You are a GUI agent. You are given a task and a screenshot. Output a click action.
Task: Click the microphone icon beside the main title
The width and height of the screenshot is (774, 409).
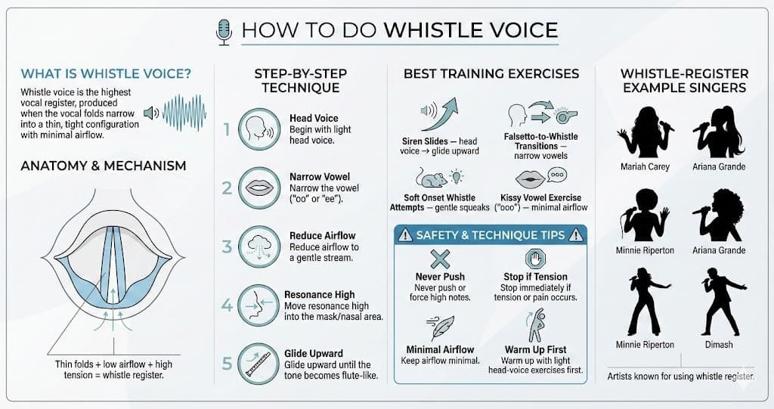(224, 32)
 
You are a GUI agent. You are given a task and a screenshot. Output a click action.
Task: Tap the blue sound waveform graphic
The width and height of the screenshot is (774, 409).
(184, 113)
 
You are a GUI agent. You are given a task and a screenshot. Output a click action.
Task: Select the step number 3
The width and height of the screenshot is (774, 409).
(227, 246)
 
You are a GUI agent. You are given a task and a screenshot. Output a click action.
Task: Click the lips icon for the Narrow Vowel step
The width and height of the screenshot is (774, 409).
(259, 187)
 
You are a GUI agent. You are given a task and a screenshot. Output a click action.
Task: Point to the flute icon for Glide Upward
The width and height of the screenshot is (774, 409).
(259, 364)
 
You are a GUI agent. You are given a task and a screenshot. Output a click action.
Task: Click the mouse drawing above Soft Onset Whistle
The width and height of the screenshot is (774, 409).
(431, 178)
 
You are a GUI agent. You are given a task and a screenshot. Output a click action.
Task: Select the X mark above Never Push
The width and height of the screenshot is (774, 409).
(440, 259)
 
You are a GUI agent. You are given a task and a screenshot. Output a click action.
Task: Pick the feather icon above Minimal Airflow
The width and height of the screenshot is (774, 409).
(441, 327)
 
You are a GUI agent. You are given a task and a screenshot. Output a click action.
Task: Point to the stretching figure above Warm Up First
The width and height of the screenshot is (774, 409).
(536, 326)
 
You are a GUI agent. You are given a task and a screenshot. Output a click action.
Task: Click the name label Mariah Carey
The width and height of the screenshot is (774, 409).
(645, 166)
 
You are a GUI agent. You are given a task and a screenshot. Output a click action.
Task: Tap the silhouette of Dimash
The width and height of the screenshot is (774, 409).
(720, 302)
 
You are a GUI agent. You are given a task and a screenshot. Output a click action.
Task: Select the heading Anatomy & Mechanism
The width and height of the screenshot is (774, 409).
(103, 166)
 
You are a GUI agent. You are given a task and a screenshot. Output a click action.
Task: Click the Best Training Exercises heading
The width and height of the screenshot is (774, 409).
(491, 73)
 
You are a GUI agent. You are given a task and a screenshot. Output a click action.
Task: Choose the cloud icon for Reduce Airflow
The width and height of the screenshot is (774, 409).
(259, 246)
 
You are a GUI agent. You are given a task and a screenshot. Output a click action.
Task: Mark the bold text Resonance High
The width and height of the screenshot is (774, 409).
(320, 294)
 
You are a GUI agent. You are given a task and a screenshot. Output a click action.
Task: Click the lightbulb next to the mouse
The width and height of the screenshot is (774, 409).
(457, 176)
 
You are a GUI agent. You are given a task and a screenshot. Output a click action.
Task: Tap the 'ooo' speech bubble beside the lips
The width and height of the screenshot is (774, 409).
(557, 175)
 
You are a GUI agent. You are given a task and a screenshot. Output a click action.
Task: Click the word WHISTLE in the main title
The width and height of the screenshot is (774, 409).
(432, 30)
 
